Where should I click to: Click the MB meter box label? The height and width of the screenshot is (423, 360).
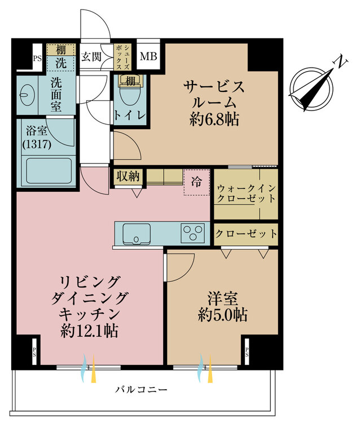[148, 56]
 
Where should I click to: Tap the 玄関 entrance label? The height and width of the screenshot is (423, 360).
[91, 56]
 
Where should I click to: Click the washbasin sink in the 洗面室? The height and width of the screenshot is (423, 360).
[24, 95]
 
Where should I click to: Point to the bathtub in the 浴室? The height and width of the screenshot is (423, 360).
[49, 171]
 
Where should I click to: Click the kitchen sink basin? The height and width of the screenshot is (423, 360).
[137, 233]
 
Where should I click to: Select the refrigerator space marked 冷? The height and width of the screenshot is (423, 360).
[196, 182]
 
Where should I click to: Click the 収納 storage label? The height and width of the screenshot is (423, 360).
[128, 177]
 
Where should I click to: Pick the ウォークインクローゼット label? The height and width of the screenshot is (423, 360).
[246, 193]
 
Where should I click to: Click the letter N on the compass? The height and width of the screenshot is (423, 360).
[341, 63]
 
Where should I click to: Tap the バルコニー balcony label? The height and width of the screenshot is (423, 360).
[142, 390]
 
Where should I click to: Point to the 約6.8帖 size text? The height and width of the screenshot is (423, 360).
[214, 120]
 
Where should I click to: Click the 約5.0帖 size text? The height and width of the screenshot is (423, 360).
[223, 315]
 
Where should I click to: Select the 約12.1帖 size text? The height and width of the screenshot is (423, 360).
[89, 331]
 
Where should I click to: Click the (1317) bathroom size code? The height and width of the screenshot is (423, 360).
[37, 145]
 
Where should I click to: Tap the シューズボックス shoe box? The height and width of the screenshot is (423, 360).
[122, 58]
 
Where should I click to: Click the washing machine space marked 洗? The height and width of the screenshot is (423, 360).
[61, 63]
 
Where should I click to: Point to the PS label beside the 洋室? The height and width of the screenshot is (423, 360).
[247, 352]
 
